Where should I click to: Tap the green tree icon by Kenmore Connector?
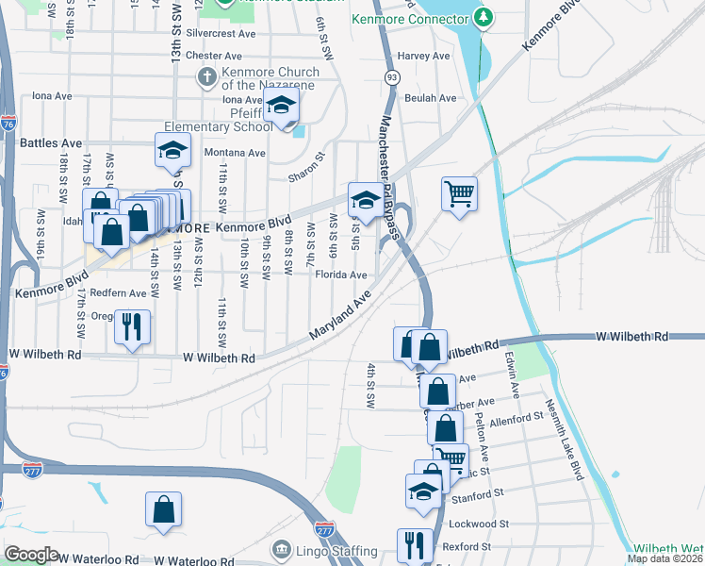click(483, 18)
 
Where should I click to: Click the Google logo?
click(31, 555)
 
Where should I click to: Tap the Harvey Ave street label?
click(425, 57)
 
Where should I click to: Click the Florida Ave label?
click(340, 275)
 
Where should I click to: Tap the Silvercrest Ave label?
click(221, 33)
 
